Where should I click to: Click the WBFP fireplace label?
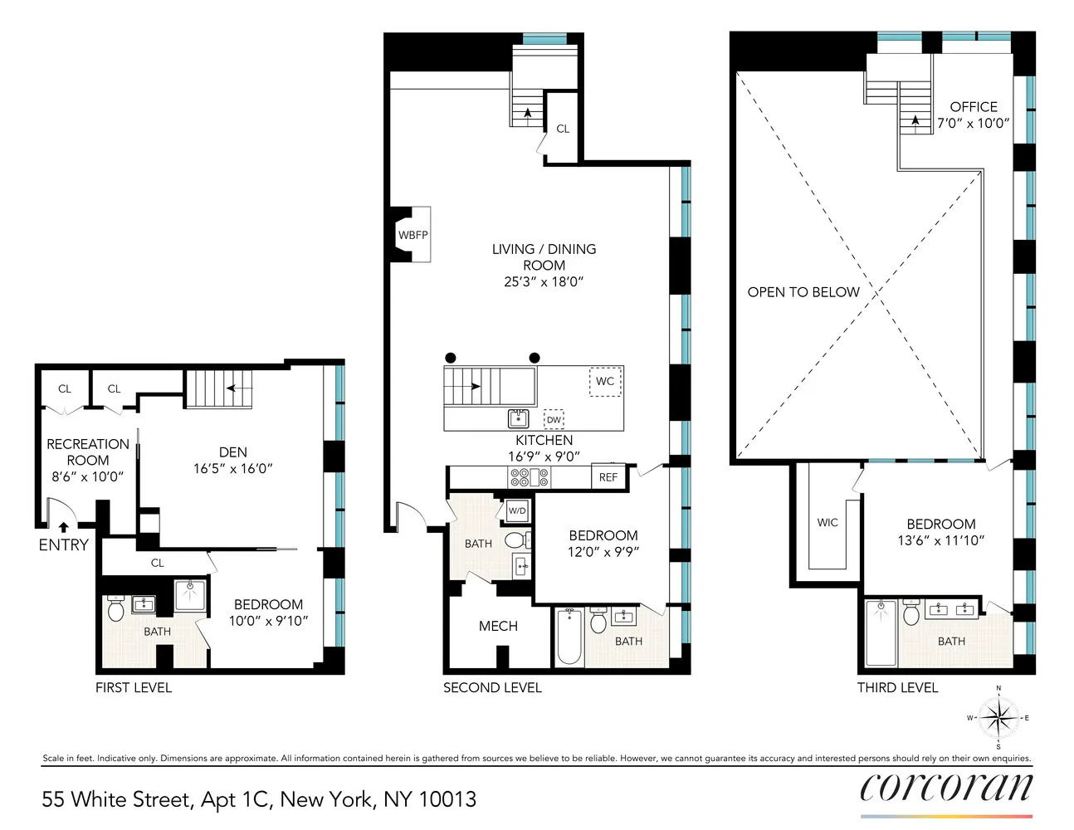(x=413, y=235)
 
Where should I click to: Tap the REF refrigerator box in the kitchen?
(x=608, y=476)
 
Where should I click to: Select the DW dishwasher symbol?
(x=554, y=419)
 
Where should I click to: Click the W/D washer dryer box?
(x=517, y=510)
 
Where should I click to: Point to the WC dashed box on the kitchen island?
(x=605, y=382)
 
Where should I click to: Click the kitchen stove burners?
(x=530, y=477)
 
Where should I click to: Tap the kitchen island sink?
(x=519, y=419)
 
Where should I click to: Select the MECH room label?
(x=498, y=626)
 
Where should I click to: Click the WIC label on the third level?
(x=827, y=522)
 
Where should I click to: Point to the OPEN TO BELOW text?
(x=803, y=292)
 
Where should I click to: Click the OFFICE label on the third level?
(x=974, y=107)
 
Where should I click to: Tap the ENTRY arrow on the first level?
(x=64, y=527)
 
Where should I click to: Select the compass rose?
(x=998, y=718)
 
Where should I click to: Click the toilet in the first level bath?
(x=115, y=608)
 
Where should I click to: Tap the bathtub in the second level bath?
(x=569, y=637)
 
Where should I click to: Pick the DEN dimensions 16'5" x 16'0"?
(x=232, y=468)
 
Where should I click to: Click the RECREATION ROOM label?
(x=88, y=452)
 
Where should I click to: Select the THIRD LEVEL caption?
(x=897, y=688)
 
